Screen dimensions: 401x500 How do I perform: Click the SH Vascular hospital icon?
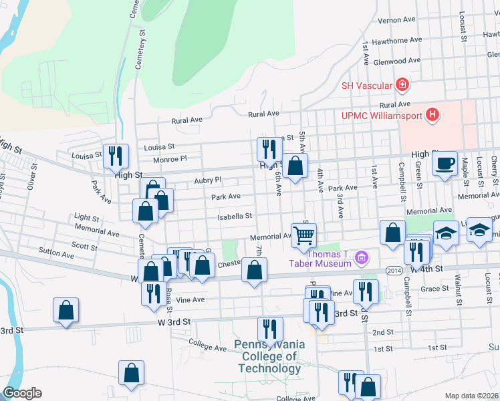(x=402, y=84)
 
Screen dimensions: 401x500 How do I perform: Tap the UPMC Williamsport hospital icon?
(x=432, y=116)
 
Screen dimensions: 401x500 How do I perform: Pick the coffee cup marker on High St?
(x=445, y=164)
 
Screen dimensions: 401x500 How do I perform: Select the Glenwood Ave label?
(x=397, y=60)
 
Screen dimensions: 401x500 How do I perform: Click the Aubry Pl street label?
(x=207, y=180)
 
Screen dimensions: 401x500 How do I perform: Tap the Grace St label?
(x=434, y=289)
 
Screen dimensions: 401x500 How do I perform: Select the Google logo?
(x=22, y=393)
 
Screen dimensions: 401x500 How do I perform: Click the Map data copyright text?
(x=471, y=396)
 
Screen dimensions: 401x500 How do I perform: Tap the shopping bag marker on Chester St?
(x=254, y=271)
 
